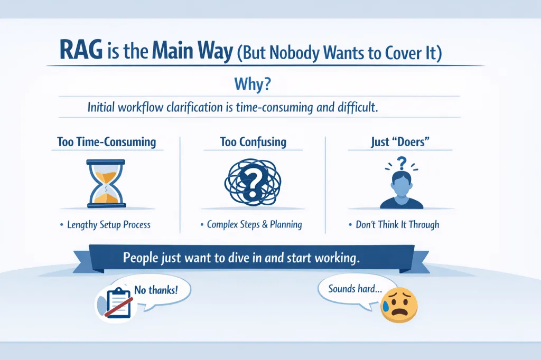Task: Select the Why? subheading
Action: point(253,84)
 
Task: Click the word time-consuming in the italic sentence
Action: point(275,107)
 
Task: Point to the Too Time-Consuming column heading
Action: point(107,141)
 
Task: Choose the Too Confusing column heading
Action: point(253,141)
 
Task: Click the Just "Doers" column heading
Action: point(400,141)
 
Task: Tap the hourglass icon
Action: point(106,183)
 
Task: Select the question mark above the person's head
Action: point(402,163)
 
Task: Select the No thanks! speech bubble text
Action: point(156,290)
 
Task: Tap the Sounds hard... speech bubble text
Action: point(355,288)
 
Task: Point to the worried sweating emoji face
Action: point(399,305)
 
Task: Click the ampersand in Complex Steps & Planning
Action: point(265,224)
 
